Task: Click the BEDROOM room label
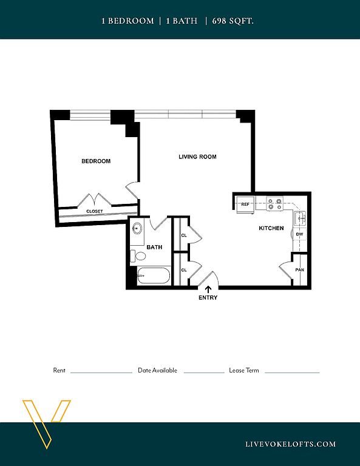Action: (x=96, y=161)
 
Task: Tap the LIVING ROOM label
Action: (x=197, y=157)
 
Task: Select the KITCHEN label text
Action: (x=271, y=228)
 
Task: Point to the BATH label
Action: (x=154, y=247)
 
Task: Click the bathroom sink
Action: (x=137, y=229)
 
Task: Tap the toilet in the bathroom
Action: (x=138, y=256)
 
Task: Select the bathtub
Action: (x=154, y=276)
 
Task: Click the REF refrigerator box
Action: (x=245, y=204)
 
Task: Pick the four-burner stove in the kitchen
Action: (x=274, y=204)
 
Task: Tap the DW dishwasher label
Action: (x=299, y=234)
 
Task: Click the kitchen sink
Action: (x=301, y=218)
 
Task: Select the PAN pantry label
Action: (x=300, y=270)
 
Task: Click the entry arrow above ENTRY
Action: (x=208, y=289)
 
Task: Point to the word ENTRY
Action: (x=208, y=297)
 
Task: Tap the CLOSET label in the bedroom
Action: (x=95, y=211)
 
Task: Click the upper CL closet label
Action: (x=184, y=235)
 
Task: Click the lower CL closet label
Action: (x=184, y=270)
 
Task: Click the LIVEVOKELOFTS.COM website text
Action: (x=291, y=444)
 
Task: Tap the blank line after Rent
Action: (x=101, y=373)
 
